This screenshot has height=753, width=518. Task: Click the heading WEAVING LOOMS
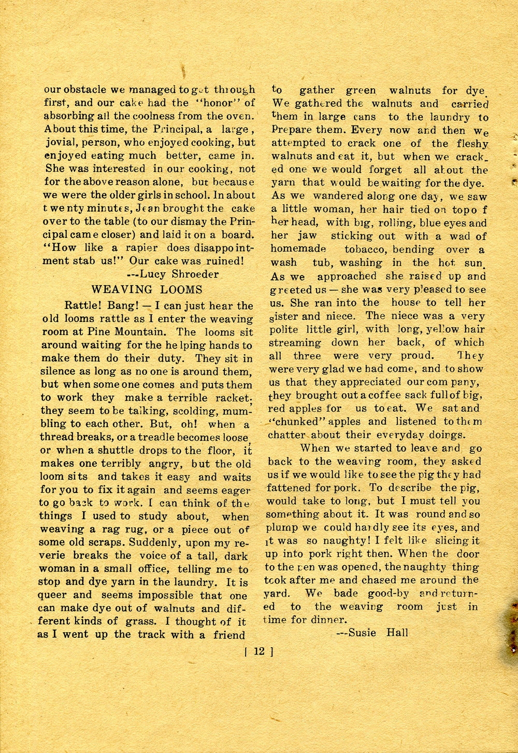pos(147,289)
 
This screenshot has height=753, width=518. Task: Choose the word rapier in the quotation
pos(142,248)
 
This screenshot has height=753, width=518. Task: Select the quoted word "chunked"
pos(295,422)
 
